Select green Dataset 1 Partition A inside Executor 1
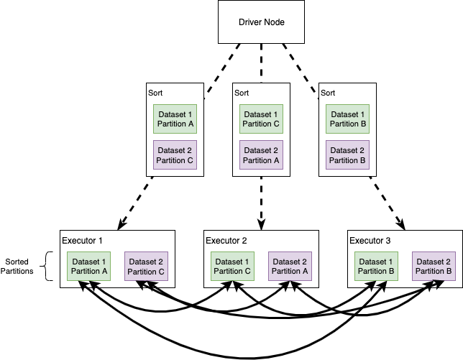click(x=88, y=266)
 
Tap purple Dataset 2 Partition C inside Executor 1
click(x=146, y=266)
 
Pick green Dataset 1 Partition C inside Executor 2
click(x=232, y=266)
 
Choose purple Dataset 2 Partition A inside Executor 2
click(x=290, y=266)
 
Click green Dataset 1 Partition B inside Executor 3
click(x=376, y=266)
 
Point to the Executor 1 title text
click(x=83, y=240)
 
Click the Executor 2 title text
click(x=226, y=240)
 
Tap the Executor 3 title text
click(x=370, y=240)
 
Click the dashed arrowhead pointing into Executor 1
click(x=114, y=225)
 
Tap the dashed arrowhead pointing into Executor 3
click(x=403, y=225)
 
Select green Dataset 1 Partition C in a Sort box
click(x=262, y=119)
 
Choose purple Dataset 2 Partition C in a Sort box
click(x=175, y=155)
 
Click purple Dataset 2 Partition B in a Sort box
click(x=348, y=155)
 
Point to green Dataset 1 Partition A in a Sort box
click(x=175, y=119)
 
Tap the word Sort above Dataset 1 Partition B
click(x=328, y=93)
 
